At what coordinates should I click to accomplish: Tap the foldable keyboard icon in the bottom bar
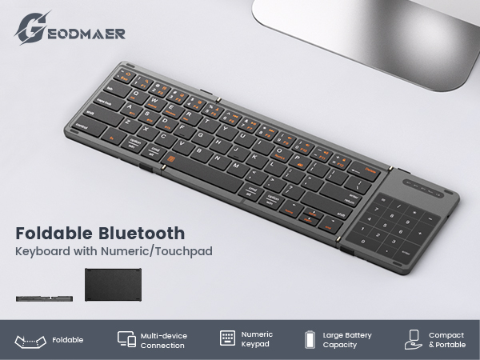click(x=29, y=340)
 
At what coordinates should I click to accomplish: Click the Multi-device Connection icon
click(x=126, y=339)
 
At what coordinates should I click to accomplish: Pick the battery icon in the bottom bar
click(x=310, y=340)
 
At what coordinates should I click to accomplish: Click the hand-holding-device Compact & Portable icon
click(x=413, y=339)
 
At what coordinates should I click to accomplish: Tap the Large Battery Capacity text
click(x=346, y=340)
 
